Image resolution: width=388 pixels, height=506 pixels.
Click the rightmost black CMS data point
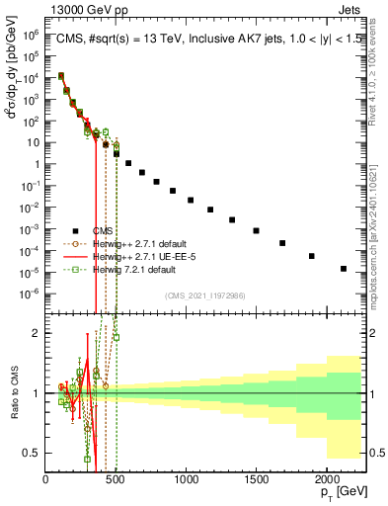[344, 268]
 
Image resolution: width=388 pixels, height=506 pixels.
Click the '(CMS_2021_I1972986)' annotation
[206, 295]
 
